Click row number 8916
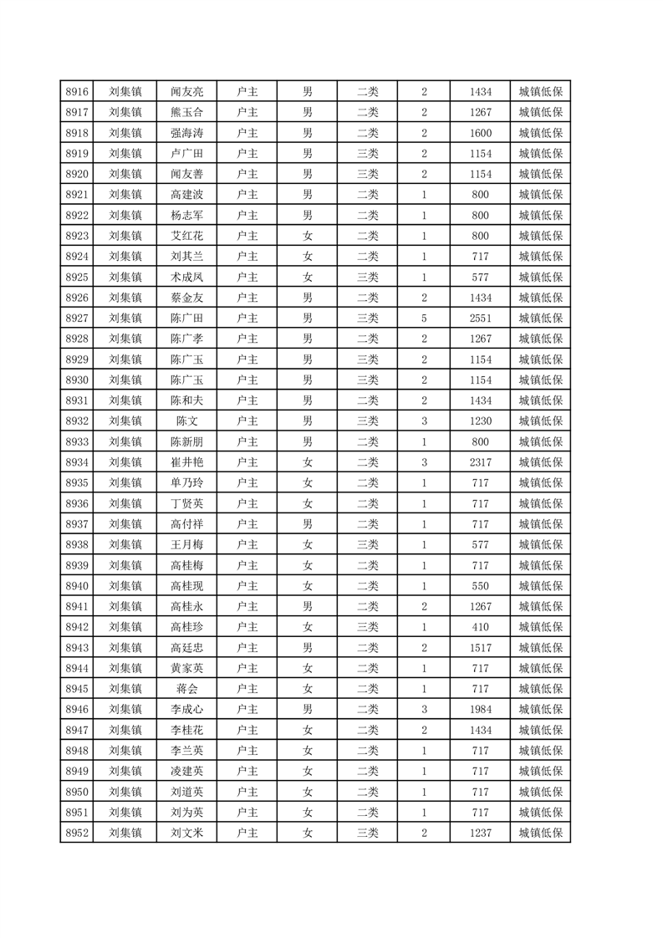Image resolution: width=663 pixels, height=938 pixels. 76,91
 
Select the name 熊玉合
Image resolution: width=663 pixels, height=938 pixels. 186,112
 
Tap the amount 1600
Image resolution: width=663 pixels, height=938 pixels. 481,133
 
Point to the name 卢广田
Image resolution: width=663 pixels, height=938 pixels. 186,153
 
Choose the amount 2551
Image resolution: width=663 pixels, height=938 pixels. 481,318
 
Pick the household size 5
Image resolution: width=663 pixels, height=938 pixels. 425,318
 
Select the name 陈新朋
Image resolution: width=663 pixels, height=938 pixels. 186,441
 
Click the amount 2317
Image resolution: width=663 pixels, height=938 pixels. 481,461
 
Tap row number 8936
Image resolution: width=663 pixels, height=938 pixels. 76,503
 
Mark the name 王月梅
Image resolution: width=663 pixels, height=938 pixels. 186,544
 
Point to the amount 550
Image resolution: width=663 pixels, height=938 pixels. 481,585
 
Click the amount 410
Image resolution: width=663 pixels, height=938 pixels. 481,626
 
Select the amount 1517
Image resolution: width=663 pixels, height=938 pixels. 481,647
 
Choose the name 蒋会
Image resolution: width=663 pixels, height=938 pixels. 186,688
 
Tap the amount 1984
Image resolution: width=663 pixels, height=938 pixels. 481,709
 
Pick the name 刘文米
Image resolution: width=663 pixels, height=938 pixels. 186,832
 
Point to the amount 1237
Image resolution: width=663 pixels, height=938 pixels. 481,832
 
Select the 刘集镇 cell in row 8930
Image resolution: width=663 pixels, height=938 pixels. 125,380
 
